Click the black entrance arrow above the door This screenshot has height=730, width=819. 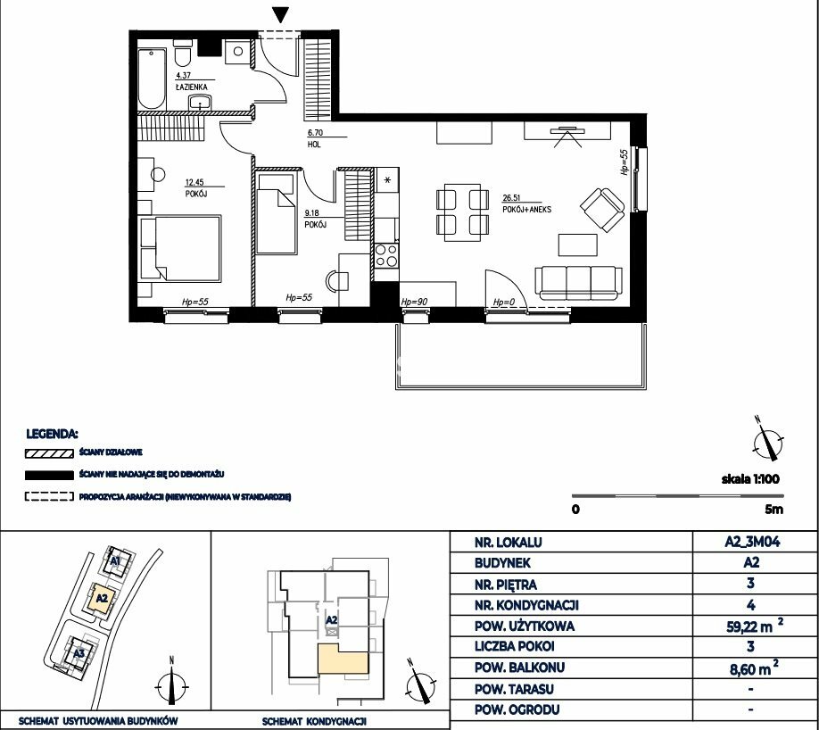coord(281,14)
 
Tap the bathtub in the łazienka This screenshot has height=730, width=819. coord(152,79)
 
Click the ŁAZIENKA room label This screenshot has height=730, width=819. coord(192,87)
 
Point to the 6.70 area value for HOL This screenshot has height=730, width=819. coord(314,133)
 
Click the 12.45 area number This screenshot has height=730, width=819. coord(194,182)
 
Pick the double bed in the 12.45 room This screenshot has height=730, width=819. coord(180,248)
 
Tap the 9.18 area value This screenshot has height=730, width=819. coord(312,212)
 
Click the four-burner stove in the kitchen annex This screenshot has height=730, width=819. coord(386,255)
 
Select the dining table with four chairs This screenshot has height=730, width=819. coord(463,212)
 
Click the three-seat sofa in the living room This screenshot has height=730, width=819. coord(579,282)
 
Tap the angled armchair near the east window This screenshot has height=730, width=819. coord(602,210)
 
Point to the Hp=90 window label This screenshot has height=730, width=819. coord(414,302)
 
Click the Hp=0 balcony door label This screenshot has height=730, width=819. coord(504,302)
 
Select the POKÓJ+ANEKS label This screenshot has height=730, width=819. coord(527,210)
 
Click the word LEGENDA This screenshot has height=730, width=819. coord(53,434)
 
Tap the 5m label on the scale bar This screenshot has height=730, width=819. coord(773,509)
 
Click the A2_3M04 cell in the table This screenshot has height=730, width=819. coord(752,542)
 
